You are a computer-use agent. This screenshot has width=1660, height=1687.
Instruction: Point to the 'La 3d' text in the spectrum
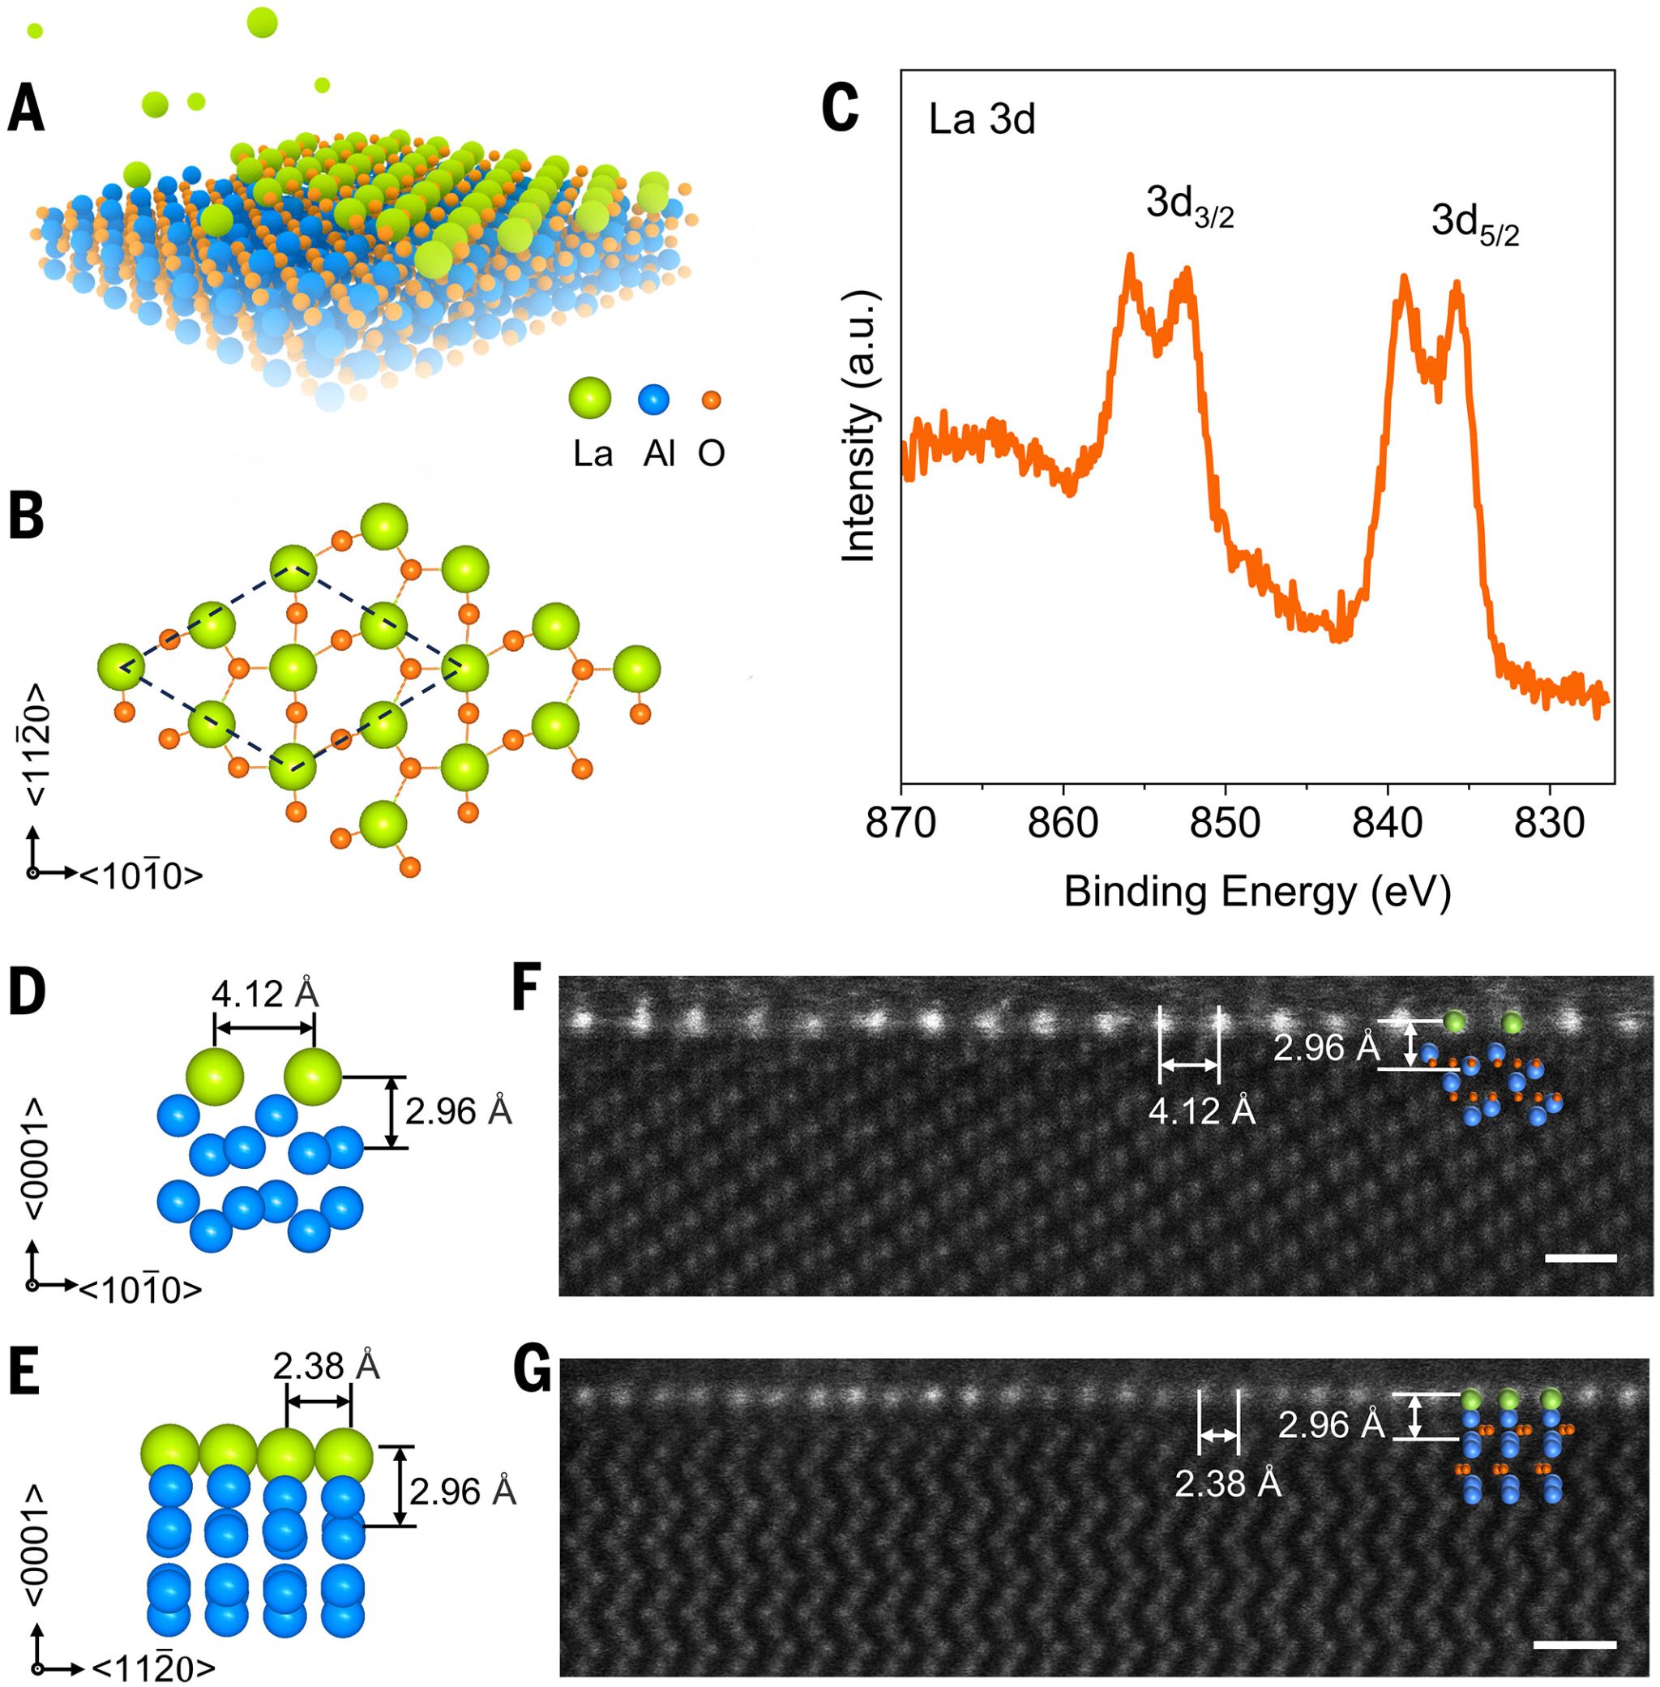982,120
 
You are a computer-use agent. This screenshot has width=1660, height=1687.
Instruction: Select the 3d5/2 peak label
1474,225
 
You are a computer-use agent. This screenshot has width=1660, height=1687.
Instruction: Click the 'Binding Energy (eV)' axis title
1256,893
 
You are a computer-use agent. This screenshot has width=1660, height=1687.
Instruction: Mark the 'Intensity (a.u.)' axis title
862,427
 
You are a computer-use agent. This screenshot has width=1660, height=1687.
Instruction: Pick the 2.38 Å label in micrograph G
1227,1484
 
